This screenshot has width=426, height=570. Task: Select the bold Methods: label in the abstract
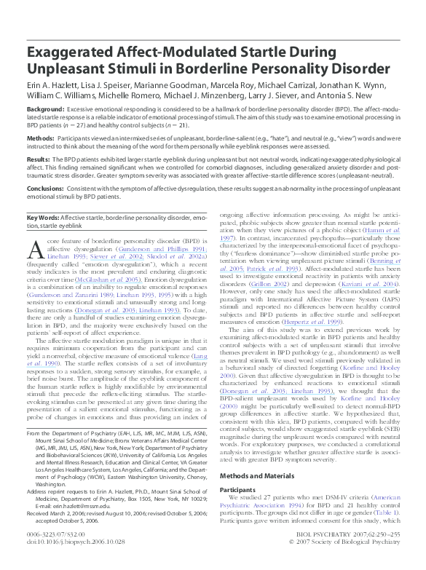[41, 137]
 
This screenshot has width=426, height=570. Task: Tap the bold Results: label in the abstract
[39, 158]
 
